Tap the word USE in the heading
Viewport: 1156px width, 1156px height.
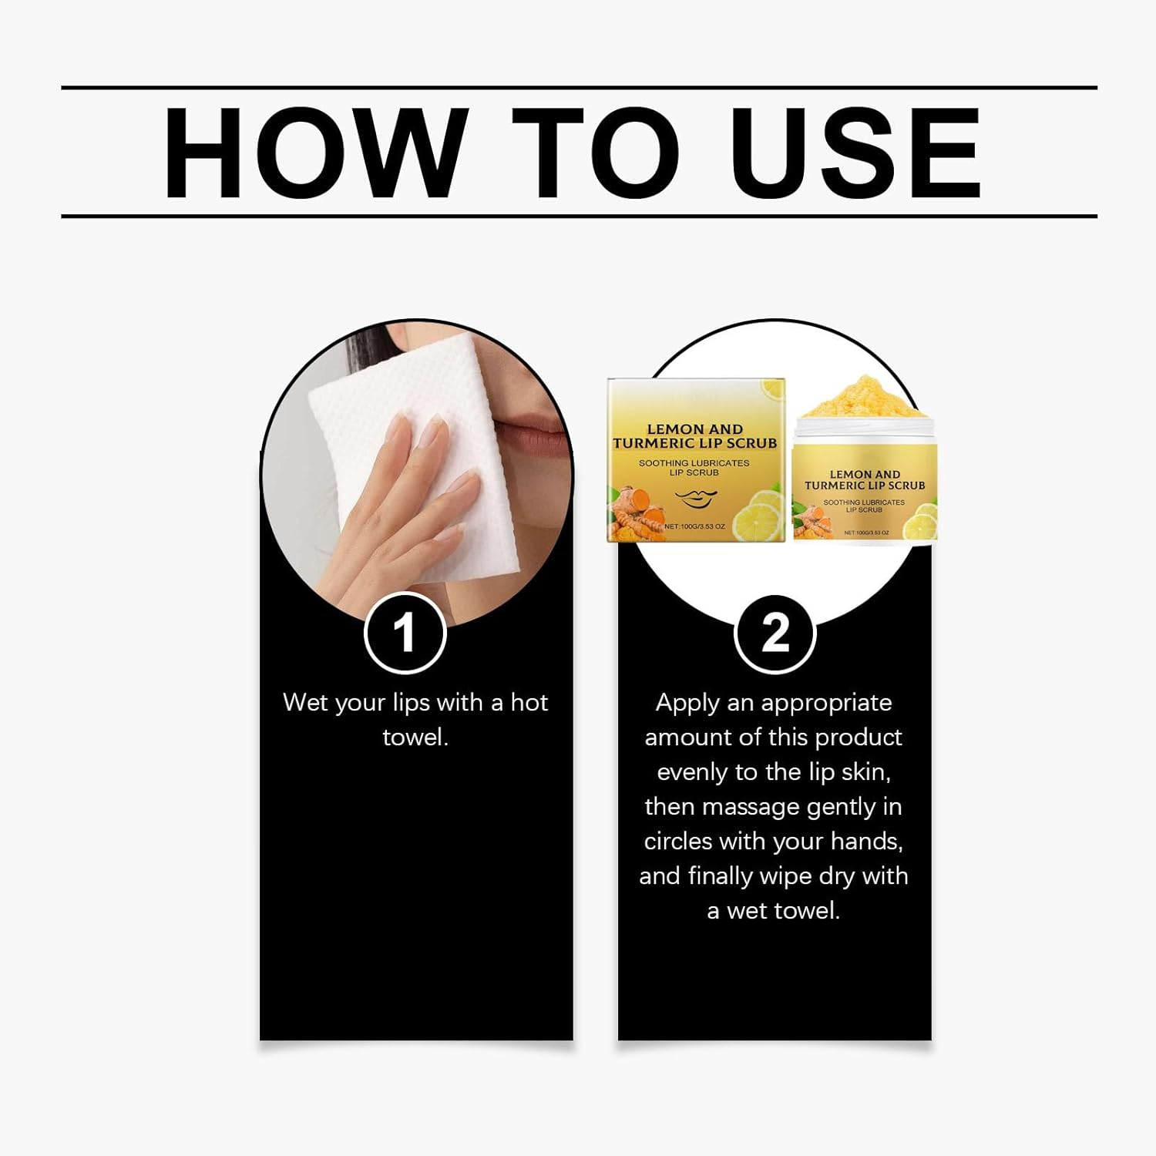pyautogui.click(x=855, y=153)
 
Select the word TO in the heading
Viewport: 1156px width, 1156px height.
pyautogui.click(x=596, y=153)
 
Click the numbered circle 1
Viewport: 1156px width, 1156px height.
pyautogui.click(x=405, y=633)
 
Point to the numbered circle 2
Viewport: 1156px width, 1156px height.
pyautogui.click(x=775, y=633)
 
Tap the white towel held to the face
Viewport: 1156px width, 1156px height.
pyautogui.click(x=401, y=455)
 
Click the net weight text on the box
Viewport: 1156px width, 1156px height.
pyautogui.click(x=694, y=526)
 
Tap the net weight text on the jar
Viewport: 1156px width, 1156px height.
pyautogui.click(x=866, y=533)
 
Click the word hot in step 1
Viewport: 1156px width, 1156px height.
pyautogui.click(x=529, y=702)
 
